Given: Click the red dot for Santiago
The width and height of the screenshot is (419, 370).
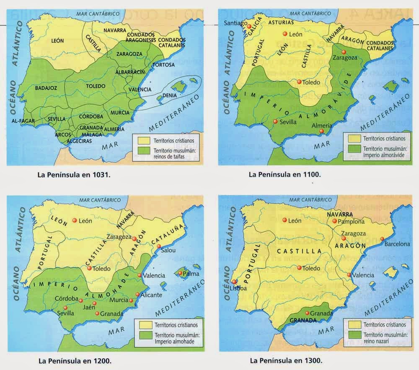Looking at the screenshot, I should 249,26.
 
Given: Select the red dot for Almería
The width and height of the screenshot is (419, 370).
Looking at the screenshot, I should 322,131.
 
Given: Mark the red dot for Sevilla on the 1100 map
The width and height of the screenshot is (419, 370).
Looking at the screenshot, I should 275,121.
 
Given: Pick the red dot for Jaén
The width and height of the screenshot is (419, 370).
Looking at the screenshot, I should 95,303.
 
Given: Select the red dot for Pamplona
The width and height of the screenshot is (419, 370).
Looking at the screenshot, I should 334,221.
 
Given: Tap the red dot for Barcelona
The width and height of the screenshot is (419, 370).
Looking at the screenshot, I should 383,243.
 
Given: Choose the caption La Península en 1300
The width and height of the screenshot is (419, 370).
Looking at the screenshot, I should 285,360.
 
